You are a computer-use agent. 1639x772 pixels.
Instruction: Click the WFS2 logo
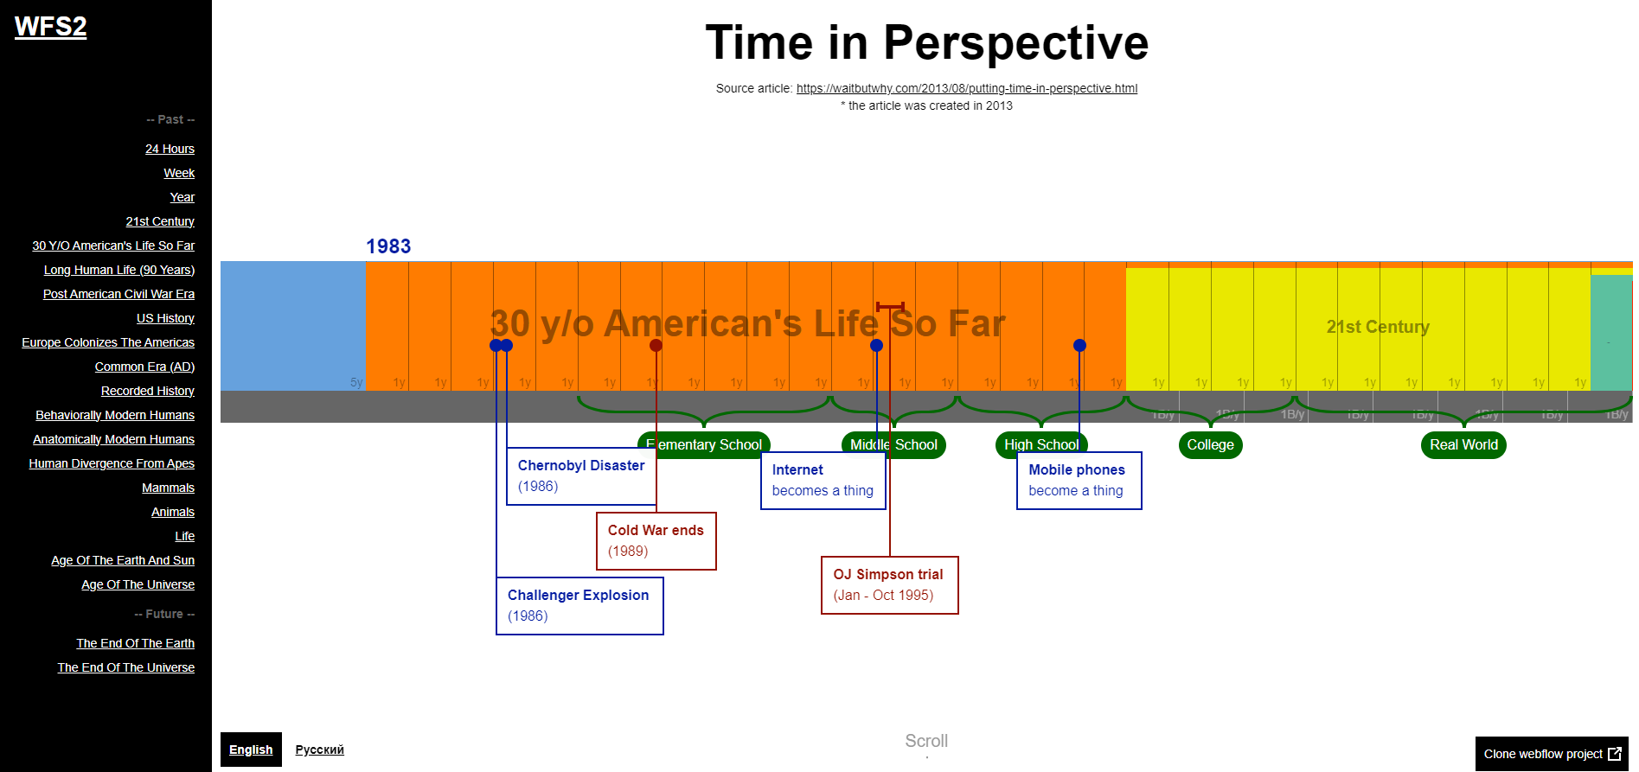click(x=50, y=27)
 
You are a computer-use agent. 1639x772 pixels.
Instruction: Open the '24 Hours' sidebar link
click(x=170, y=149)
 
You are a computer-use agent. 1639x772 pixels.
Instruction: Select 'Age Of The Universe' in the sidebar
click(x=138, y=584)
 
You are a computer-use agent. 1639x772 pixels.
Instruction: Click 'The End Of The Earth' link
click(x=135, y=643)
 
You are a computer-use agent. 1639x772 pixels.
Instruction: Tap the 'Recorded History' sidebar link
click(x=147, y=391)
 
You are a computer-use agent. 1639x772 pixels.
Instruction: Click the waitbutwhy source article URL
click(x=966, y=88)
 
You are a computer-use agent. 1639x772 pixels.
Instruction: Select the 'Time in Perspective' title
click(x=926, y=42)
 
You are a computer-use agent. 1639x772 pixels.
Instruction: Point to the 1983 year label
click(x=388, y=246)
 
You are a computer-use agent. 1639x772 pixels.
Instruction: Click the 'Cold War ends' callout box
click(x=656, y=541)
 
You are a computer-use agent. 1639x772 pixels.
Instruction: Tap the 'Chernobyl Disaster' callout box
click(x=580, y=476)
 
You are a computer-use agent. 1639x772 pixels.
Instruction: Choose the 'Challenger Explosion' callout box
click(x=579, y=606)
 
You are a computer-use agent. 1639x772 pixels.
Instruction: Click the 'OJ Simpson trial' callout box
click(x=889, y=585)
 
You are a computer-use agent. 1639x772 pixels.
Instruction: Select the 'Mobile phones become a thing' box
click(x=1078, y=481)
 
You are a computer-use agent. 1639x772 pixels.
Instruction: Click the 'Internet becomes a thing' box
click(x=822, y=481)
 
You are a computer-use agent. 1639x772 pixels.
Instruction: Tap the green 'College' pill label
click(x=1209, y=445)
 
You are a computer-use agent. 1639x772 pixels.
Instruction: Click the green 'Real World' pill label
click(x=1463, y=445)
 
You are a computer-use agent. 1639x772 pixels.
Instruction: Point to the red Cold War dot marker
click(x=656, y=346)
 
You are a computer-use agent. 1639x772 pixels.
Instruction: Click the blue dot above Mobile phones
click(x=1079, y=346)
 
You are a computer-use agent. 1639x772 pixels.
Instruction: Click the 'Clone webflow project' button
click(x=1552, y=754)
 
